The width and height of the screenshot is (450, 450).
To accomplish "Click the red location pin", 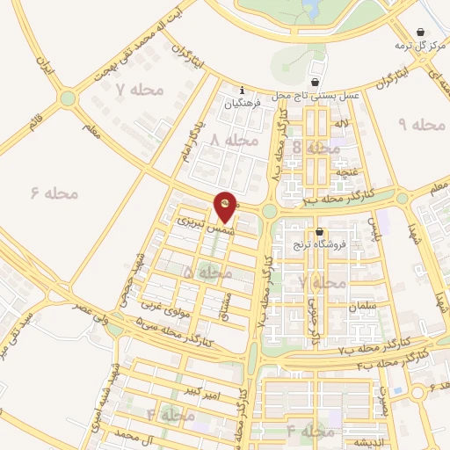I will pos(225,205).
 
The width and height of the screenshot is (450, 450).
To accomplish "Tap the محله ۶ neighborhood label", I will pos(54,192).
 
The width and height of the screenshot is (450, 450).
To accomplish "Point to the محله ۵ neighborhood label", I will pos(208,273).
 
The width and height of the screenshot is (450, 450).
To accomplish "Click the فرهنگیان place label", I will pos(243,104).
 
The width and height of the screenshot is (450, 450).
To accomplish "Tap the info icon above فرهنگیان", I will pos(243,90).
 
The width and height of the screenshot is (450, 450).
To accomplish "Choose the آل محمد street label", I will pos(124,436).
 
